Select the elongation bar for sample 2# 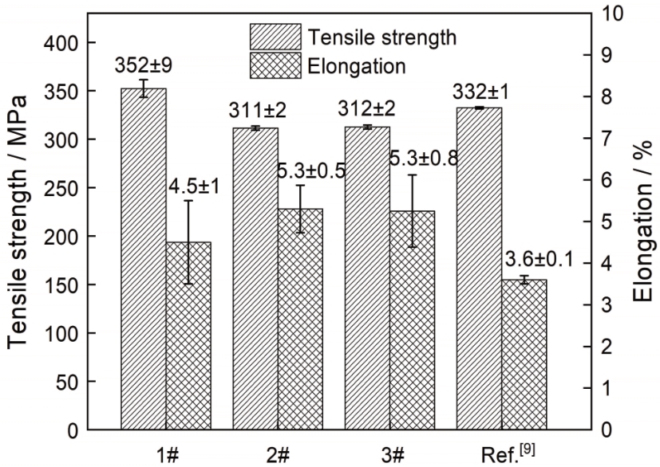301,319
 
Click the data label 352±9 144,65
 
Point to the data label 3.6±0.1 540,259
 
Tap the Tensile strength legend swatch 275,37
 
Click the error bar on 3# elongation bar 413,210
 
